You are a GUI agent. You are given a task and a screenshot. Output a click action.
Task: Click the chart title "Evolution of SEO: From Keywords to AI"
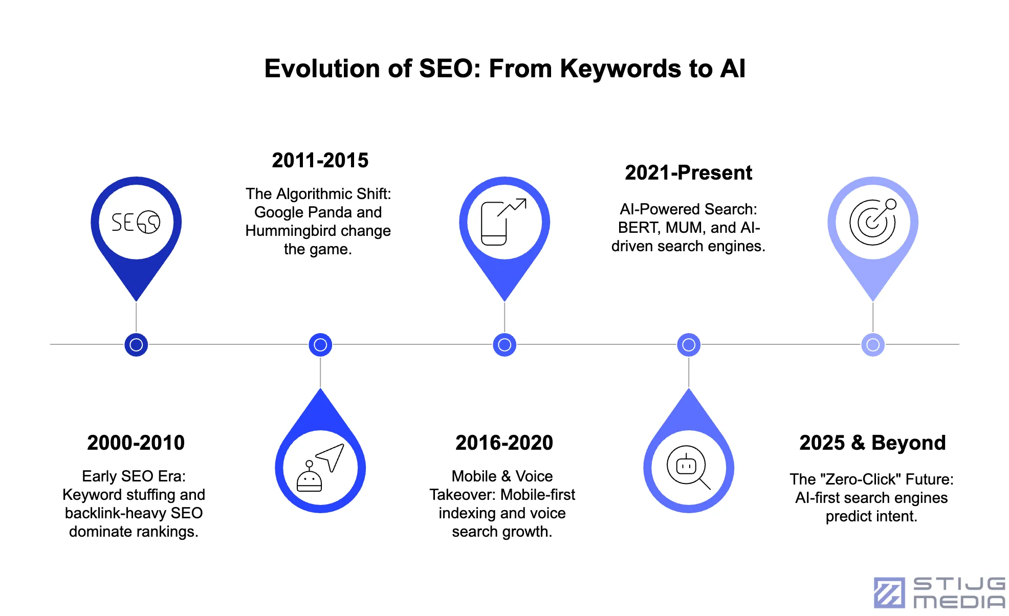click(x=504, y=69)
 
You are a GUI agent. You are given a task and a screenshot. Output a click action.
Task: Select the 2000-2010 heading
click(x=136, y=443)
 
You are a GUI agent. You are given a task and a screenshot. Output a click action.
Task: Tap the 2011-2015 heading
click(x=320, y=160)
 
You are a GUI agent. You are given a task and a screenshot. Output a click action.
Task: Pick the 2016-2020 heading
click(x=504, y=443)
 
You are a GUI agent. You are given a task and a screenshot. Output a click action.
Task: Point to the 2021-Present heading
click(x=689, y=172)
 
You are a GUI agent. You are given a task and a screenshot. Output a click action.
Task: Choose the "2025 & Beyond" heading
click(x=873, y=443)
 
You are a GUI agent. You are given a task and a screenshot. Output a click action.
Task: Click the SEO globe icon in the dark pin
click(x=136, y=222)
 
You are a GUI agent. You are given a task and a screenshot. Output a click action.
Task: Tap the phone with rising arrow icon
click(x=503, y=222)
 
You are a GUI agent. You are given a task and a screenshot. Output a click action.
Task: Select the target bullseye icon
click(x=873, y=222)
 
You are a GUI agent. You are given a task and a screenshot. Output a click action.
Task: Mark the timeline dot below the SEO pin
click(x=136, y=345)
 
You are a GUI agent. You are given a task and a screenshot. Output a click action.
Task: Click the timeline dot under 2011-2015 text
click(x=320, y=345)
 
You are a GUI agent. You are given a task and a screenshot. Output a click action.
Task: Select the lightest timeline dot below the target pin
click(x=873, y=345)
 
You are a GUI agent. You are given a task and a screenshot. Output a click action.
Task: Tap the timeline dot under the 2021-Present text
click(x=689, y=345)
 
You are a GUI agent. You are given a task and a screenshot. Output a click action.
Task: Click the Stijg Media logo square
click(x=889, y=592)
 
